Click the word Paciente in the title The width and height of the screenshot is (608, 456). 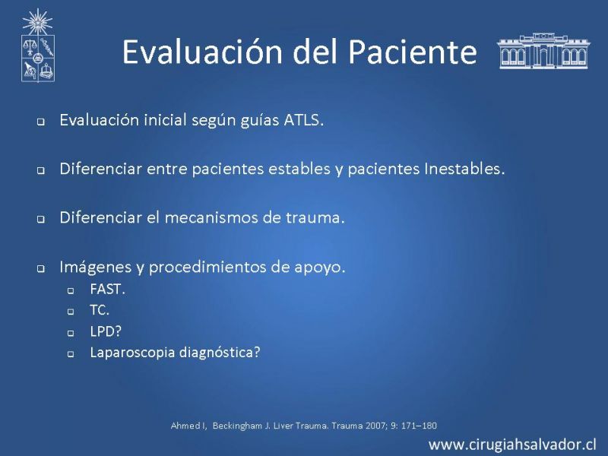413,52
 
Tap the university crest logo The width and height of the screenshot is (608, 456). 37,46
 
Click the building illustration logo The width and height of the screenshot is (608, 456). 543,51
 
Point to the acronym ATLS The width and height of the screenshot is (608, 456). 303,120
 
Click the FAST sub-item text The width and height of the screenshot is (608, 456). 107,290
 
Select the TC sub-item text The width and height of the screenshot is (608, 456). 100,310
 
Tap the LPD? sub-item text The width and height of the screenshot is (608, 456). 106,331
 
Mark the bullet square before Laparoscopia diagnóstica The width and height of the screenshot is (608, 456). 71,354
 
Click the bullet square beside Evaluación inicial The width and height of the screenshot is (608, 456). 41,122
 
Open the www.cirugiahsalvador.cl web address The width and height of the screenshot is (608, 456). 512,445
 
